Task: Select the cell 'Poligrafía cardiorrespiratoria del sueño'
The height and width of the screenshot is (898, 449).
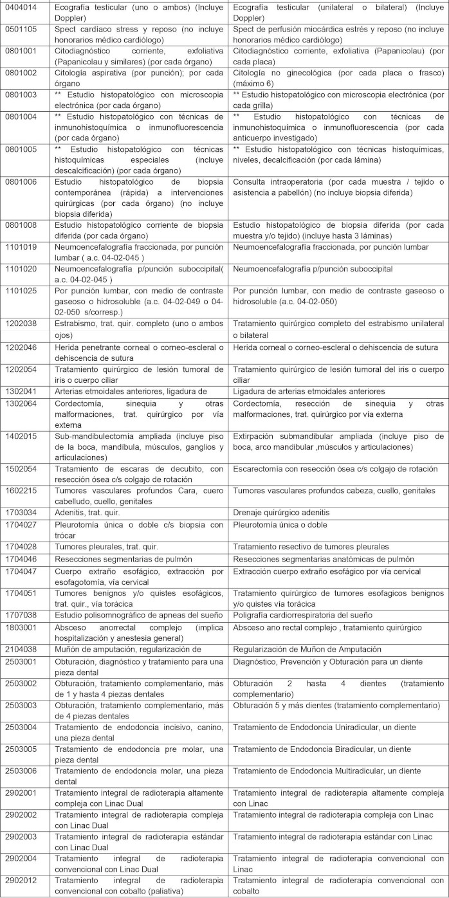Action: pyautogui.click(x=302, y=615)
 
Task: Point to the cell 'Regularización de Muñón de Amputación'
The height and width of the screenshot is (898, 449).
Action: pyautogui.click(x=307, y=648)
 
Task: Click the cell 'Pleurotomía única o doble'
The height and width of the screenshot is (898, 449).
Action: pyautogui.click(x=280, y=524)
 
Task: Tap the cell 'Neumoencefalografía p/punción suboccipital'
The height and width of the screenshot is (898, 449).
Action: pyautogui.click(x=313, y=268)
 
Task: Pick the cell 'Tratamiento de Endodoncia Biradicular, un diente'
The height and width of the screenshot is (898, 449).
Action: pyautogui.click(x=322, y=749)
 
